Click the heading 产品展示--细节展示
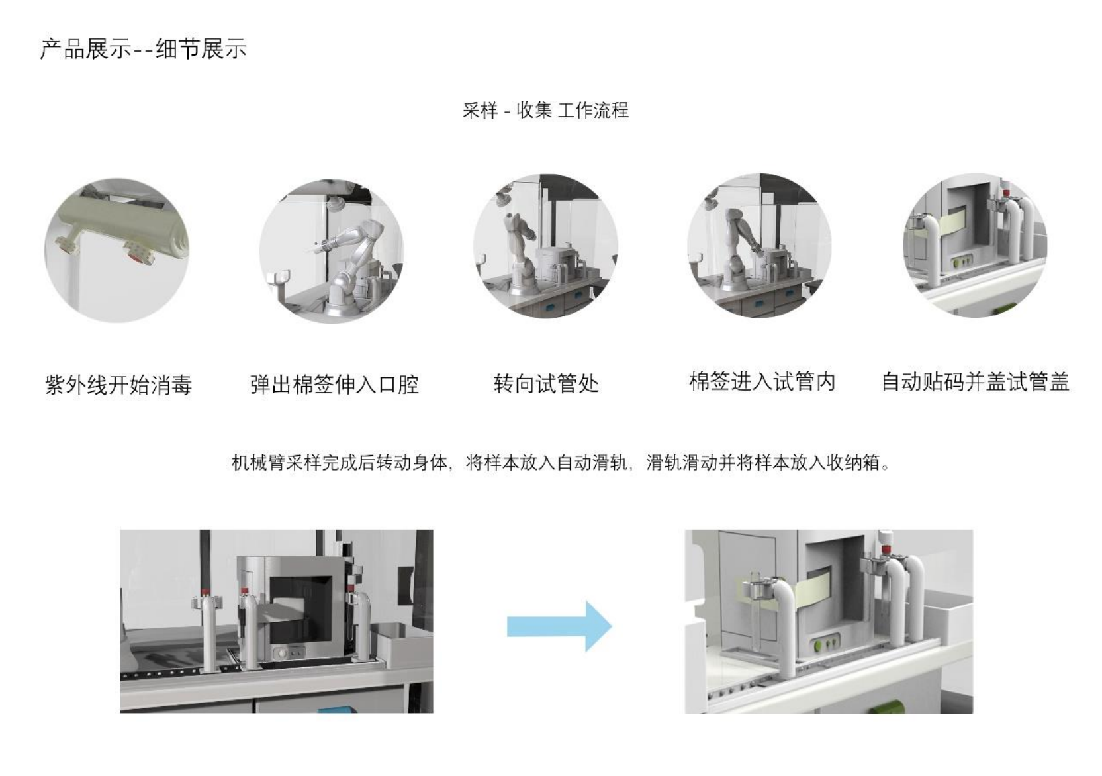(x=143, y=49)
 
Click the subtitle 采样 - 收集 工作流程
(x=545, y=110)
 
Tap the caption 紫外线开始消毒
(x=118, y=385)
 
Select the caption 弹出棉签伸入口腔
(x=334, y=385)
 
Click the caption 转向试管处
(x=546, y=383)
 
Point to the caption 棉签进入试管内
(x=762, y=382)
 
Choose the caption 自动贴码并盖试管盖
(x=975, y=382)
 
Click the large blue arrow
(x=560, y=626)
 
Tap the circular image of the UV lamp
(x=117, y=250)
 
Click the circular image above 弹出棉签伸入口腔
(x=332, y=251)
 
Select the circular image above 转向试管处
(x=545, y=246)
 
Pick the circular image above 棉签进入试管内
(x=759, y=246)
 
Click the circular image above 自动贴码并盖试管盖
(x=975, y=246)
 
